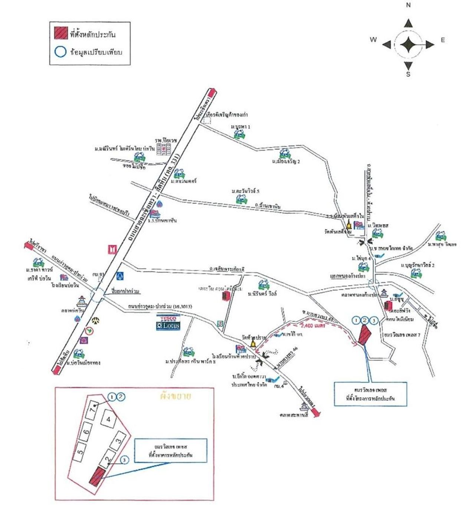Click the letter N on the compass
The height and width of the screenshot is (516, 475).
click(408, 5)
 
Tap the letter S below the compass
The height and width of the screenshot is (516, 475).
click(408, 74)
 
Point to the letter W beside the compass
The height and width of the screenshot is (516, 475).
click(373, 40)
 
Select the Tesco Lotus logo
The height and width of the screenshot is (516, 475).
click(169, 323)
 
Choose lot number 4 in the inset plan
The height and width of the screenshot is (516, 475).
click(109, 419)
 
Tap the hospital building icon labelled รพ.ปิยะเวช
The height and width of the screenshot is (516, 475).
click(164, 150)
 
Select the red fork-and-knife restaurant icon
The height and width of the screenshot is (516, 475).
click(112, 249)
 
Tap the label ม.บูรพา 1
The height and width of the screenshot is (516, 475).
click(240, 127)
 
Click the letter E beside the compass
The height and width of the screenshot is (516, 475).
click(443, 40)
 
